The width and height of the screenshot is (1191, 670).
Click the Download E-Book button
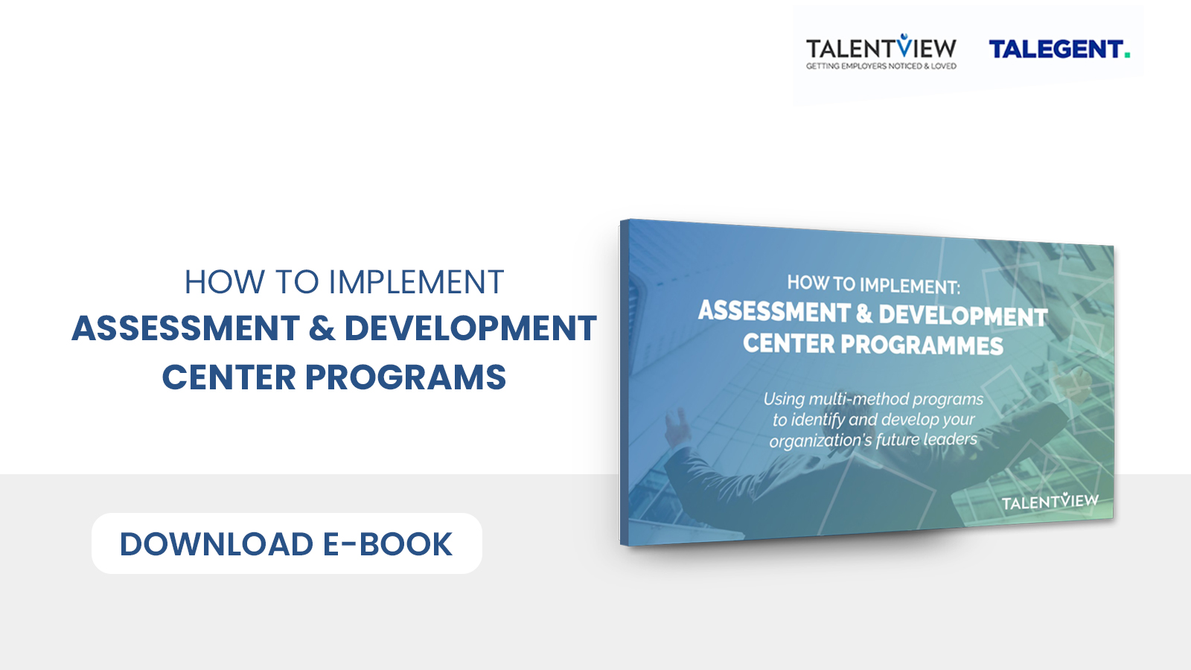[x=287, y=543]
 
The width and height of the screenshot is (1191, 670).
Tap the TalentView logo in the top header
[x=881, y=51]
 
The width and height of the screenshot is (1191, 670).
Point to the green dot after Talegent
[x=1127, y=55]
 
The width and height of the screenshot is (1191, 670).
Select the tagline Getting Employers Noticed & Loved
[x=881, y=66]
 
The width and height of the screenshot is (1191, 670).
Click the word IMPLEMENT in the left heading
[x=416, y=282]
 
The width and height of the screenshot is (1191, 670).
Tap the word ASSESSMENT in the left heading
[x=186, y=328]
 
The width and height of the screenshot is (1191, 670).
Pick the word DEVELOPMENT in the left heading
[x=470, y=328]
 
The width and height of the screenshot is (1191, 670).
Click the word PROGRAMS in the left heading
[x=405, y=377]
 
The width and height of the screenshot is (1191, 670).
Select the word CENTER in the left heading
[x=229, y=377]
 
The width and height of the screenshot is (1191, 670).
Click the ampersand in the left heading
[x=322, y=328]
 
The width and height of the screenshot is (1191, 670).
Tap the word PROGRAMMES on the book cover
[x=922, y=345]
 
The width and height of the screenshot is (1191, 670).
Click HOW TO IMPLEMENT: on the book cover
[x=874, y=284]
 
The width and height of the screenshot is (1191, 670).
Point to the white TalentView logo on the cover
[x=1050, y=501]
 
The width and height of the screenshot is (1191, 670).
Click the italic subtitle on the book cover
[x=874, y=420]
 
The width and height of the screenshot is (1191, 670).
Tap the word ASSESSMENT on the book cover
[x=774, y=312]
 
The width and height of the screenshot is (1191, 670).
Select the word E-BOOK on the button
[x=388, y=544]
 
